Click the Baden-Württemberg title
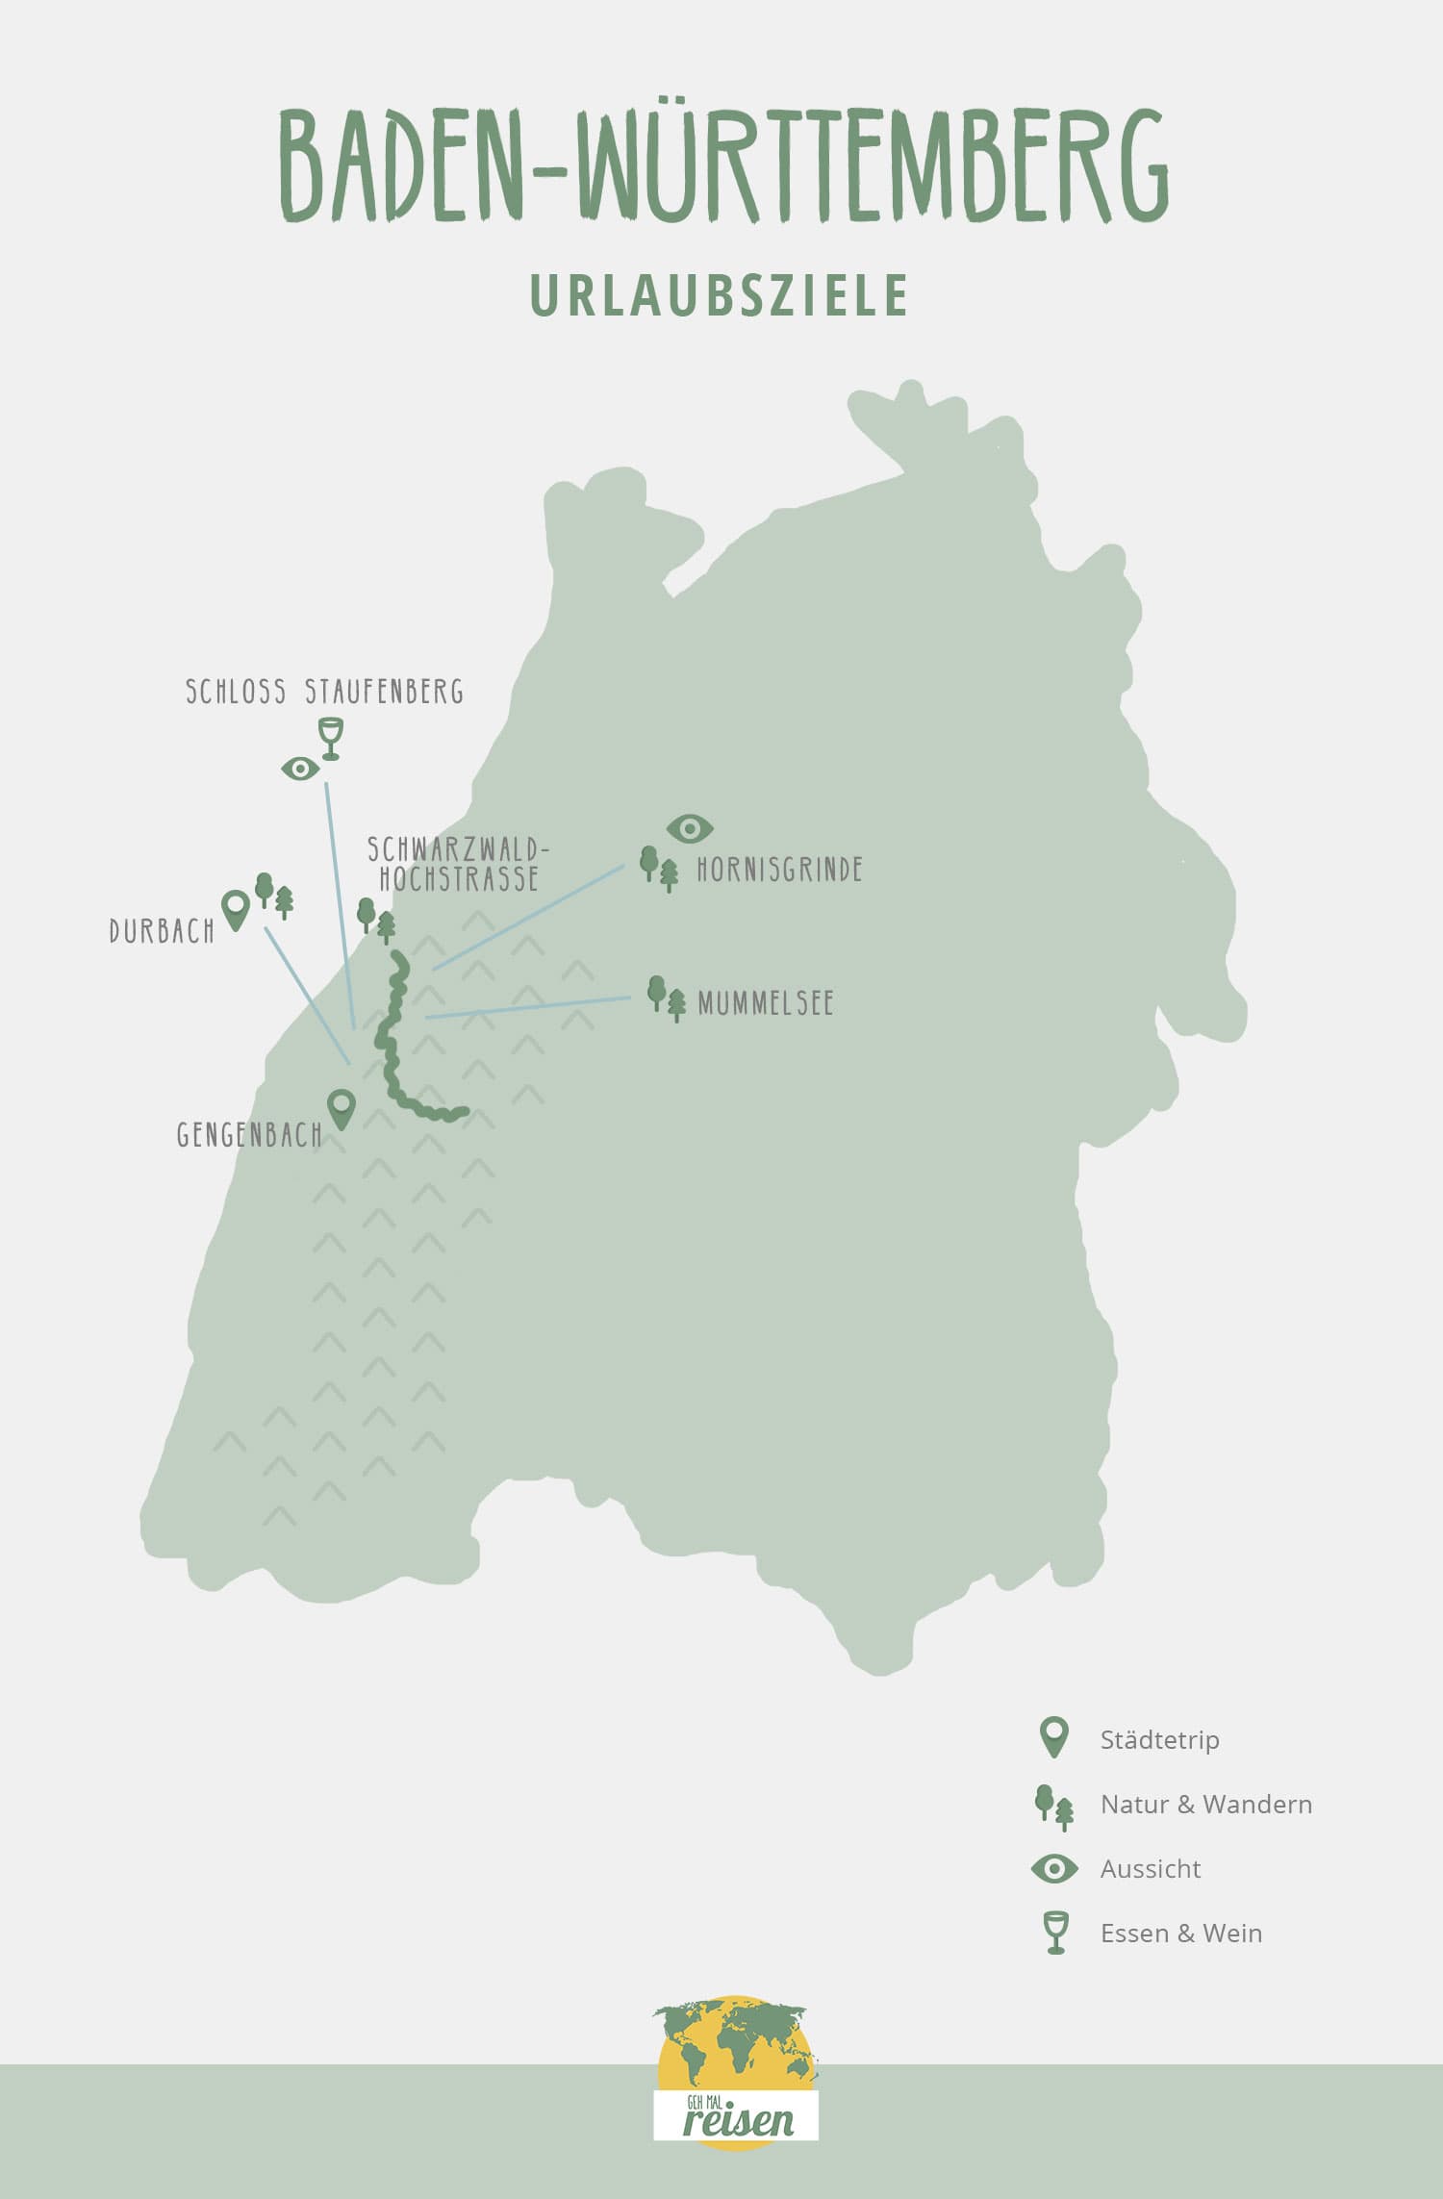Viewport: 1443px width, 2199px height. (x=723, y=165)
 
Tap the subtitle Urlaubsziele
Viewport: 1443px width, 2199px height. (x=720, y=295)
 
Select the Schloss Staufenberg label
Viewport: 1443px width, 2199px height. (x=324, y=692)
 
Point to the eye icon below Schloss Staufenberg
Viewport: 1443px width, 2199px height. (x=300, y=769)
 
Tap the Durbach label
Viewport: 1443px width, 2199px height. (x=162, y=931)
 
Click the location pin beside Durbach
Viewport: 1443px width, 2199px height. (x=235, y=909)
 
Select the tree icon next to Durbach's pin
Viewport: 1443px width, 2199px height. (x=274, y=896)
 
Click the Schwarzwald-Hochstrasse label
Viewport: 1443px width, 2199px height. (x=458, y=864)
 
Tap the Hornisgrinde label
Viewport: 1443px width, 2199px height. (x=779, y=870)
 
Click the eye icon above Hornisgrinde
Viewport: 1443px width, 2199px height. (x=690, y=828)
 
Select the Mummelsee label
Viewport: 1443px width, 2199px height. (x=765, y=1003)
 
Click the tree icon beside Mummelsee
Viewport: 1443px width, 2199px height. (x=667, y=998)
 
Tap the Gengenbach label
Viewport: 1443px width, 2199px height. (x=249, y=1135)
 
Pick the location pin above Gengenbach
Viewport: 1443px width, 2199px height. (x=342, y=1108)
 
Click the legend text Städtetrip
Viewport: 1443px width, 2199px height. (x=1159, y=1739)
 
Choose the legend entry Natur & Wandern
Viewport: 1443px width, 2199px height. (x=1205, y=1804)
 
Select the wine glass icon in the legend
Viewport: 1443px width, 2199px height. (x=1055, y=1933)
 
